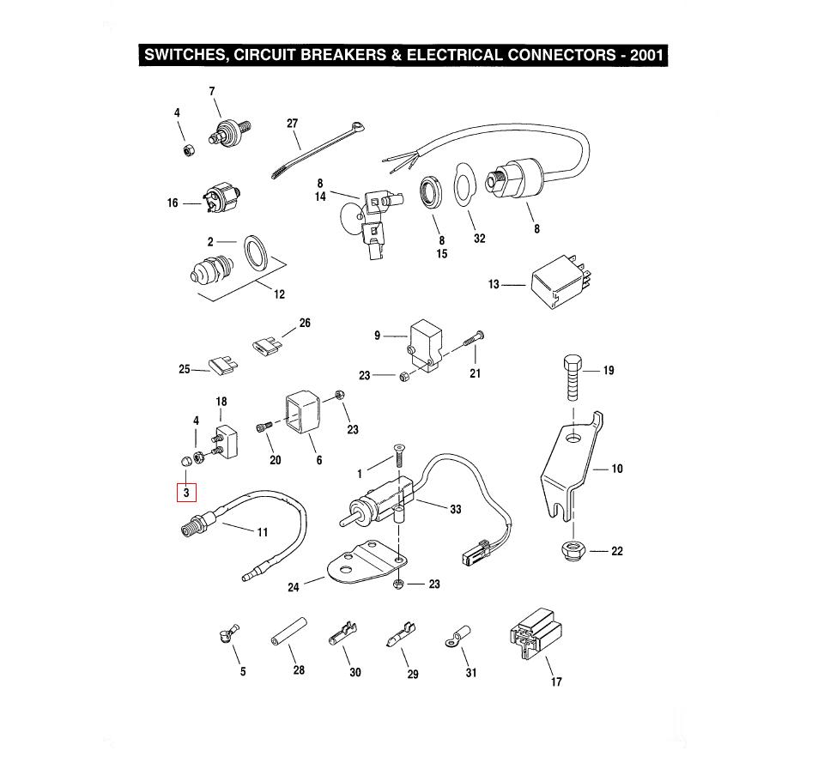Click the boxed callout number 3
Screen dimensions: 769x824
(x=185, y=493)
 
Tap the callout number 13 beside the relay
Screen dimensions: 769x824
(x=494, y=284)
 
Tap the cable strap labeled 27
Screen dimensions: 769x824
(x=315, y=150)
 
